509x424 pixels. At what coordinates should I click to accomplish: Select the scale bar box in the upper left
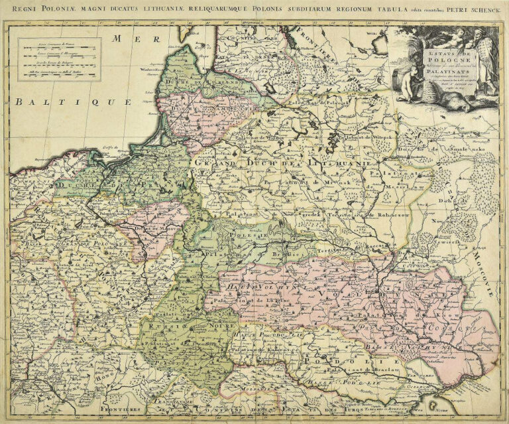click(x=60, y=59)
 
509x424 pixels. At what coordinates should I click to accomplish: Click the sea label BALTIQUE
click(x=74, y=102)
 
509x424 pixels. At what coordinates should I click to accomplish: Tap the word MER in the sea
click(x=127, y=39)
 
